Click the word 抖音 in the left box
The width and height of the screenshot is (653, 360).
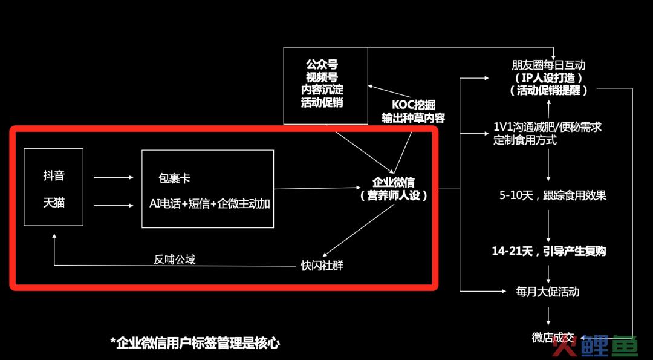(54, 176)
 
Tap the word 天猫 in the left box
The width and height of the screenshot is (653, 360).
(54, 204)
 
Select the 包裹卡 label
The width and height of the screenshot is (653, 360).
(175, 178)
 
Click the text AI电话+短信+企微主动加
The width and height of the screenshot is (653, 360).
(210, 204)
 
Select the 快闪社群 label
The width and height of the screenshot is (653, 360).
(322, 266)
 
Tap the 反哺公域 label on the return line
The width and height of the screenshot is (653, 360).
(175, 259)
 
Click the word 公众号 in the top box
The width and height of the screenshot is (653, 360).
(322, 64)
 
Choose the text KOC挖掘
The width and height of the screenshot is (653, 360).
(414, 105)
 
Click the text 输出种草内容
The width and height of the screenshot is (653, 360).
(414, 118)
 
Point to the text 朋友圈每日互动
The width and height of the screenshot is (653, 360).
(548, 65)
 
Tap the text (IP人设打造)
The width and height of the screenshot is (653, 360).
(548, 78)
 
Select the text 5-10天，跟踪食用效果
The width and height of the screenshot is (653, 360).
(553, 195)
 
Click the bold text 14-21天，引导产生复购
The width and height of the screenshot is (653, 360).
(549, 251)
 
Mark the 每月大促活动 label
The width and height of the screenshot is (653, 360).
(548, 292)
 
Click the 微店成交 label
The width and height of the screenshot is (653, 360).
(553, 338)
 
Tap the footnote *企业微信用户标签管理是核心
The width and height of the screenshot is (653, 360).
(195, 343)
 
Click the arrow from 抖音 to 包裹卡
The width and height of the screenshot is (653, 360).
(114, 177)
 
